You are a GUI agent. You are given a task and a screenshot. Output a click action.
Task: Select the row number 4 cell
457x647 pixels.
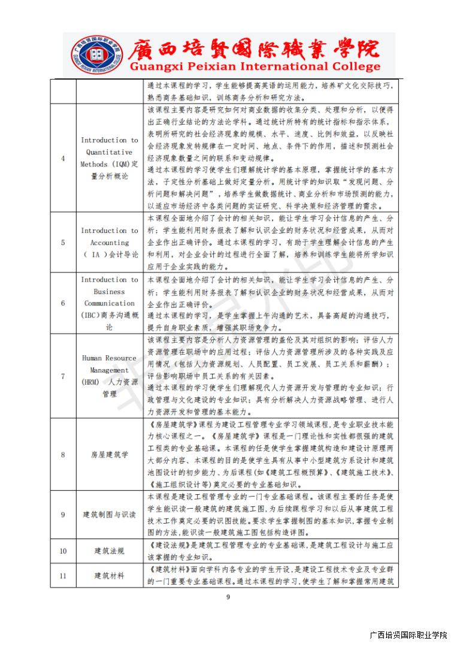coord(63,158)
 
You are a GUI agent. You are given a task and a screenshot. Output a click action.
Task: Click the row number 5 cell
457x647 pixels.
coord(63,243)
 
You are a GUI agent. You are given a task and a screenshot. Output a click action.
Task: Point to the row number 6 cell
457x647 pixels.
coord(63,303)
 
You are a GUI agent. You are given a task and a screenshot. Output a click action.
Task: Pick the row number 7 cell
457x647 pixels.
coord(63,376)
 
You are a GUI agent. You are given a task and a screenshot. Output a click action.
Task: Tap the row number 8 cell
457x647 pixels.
coord(63,454)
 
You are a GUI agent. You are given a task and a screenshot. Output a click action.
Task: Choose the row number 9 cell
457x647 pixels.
coord(63,515)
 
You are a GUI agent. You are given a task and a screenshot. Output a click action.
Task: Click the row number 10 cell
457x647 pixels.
coord(63,551)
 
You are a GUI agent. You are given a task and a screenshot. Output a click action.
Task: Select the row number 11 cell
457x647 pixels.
coord(63,576)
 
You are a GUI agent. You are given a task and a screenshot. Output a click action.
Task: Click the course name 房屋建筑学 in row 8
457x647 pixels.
coord(110,454)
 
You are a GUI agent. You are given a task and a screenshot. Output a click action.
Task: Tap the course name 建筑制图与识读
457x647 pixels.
coord(110,515)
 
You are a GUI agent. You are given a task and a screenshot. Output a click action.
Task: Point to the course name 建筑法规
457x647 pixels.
coord(110,551)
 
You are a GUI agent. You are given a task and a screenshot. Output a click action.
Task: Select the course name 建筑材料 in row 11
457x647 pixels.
coord(110,576)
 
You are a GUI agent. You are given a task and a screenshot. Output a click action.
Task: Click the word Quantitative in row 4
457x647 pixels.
coord(110,152)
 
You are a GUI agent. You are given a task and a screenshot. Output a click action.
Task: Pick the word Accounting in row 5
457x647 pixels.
coord(110,243)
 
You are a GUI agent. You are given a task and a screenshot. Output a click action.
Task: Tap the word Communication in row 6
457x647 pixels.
coord(110,303)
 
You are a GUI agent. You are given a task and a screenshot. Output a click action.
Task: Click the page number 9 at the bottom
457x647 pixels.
coord(228,597)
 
